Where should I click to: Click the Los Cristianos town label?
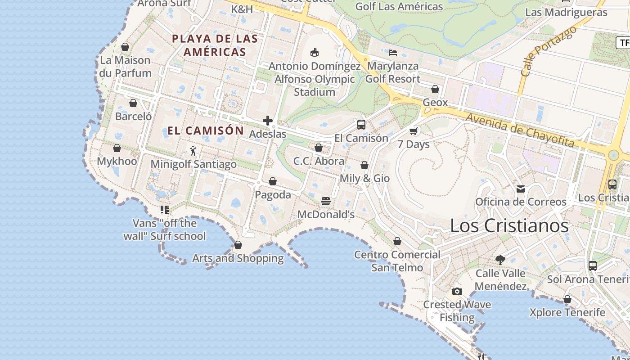(509, 226)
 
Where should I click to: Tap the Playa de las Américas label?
(215, 45)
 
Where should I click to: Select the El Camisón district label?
(206, 131)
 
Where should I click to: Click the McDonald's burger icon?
(326, 201)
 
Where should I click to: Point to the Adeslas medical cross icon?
(268, 121)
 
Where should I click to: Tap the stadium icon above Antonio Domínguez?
(315, 53)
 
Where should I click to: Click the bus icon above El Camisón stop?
(361, 125)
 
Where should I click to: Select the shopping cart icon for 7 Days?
(413, 131)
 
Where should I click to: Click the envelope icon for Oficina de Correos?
(521, 189)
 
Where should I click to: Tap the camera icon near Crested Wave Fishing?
(457, 291)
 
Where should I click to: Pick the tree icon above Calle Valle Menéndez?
(500, 260)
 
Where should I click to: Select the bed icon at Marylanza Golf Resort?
(393, 53)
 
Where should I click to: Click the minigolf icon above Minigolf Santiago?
(193, 151)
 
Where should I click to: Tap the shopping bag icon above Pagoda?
(272, 181)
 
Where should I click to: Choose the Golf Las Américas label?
(399, 7)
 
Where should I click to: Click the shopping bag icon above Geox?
(435, 89)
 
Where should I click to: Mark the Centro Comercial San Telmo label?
(397, 261)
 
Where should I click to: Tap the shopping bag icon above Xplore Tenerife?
(567, 299)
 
